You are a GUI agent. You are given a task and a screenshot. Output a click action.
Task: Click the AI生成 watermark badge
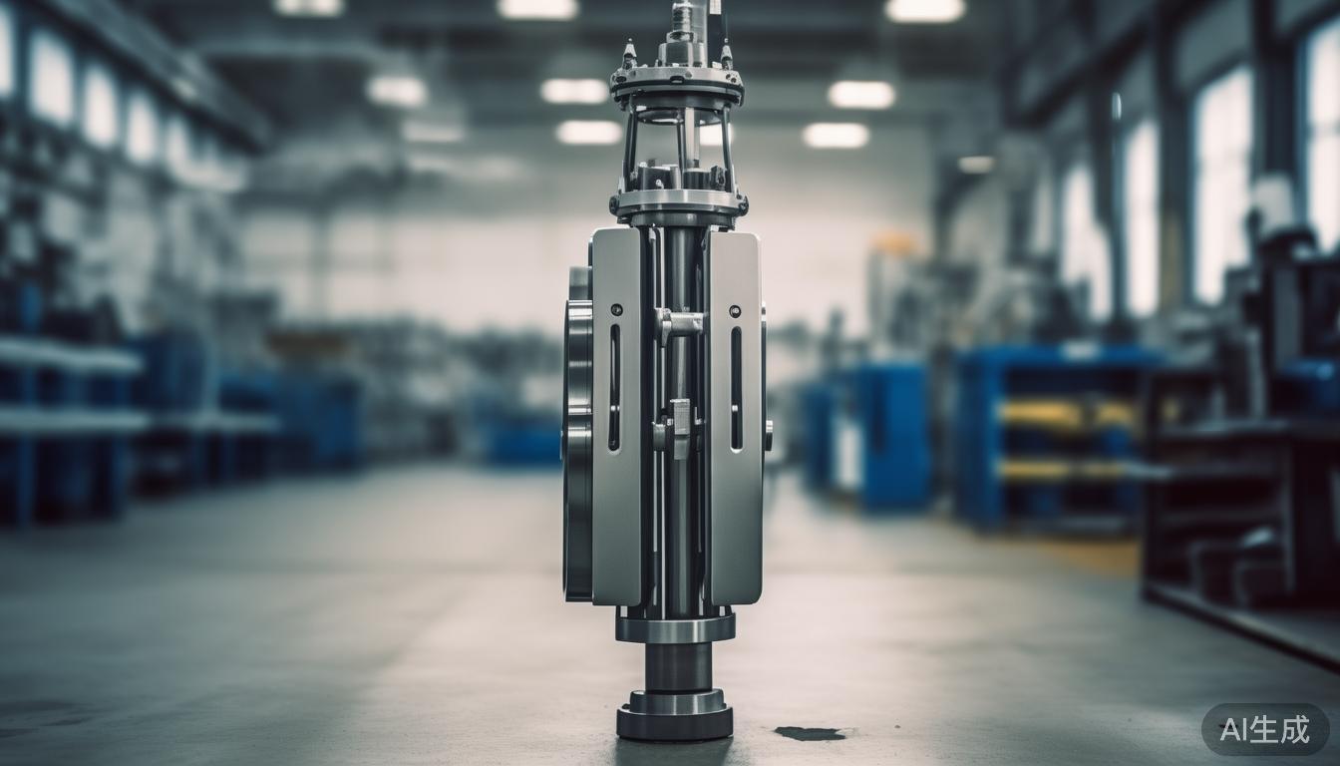click(1264, 729)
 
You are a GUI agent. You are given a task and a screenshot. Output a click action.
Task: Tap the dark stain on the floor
click(809, 733)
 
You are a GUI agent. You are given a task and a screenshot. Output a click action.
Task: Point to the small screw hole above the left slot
click(614, 310)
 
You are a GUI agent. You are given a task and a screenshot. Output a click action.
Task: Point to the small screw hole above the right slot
click(735, 310)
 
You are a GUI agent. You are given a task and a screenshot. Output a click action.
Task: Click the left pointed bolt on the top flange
click(629, 55)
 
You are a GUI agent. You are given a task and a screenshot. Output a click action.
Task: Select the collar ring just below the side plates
click(675, 627)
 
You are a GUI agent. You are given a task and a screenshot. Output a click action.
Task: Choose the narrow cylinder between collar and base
click(678, 665)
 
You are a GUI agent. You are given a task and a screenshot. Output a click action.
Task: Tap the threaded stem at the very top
click(683, 20)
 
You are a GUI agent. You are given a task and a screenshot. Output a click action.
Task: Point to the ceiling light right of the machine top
click(860, 95)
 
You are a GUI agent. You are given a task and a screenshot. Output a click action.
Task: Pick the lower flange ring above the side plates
click(679, 205)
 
